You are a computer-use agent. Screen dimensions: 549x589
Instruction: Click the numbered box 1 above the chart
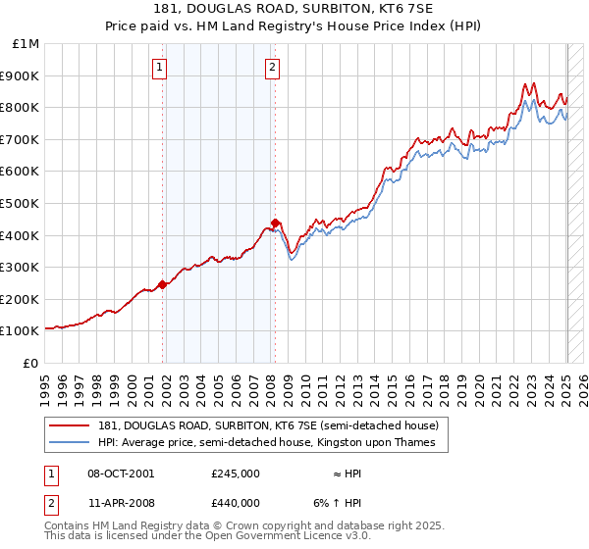pyautogui.click(x=159, y=68)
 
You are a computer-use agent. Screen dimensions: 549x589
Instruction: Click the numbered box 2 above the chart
pyautogui.click(x=271, y=68)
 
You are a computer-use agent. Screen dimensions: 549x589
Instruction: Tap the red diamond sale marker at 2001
pyautogui.click(x=162, y=284)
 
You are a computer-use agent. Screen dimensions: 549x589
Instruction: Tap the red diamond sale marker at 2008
pyautogui.click(x=275, y=222)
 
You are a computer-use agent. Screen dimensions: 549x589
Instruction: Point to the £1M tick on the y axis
pyautogui.click(x=27, y=44)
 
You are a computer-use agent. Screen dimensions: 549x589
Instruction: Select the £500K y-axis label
pyautogui.click(x=21, y=204)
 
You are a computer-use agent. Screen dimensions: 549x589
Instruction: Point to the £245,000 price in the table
pyautogui.click(x=235, y=473)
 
